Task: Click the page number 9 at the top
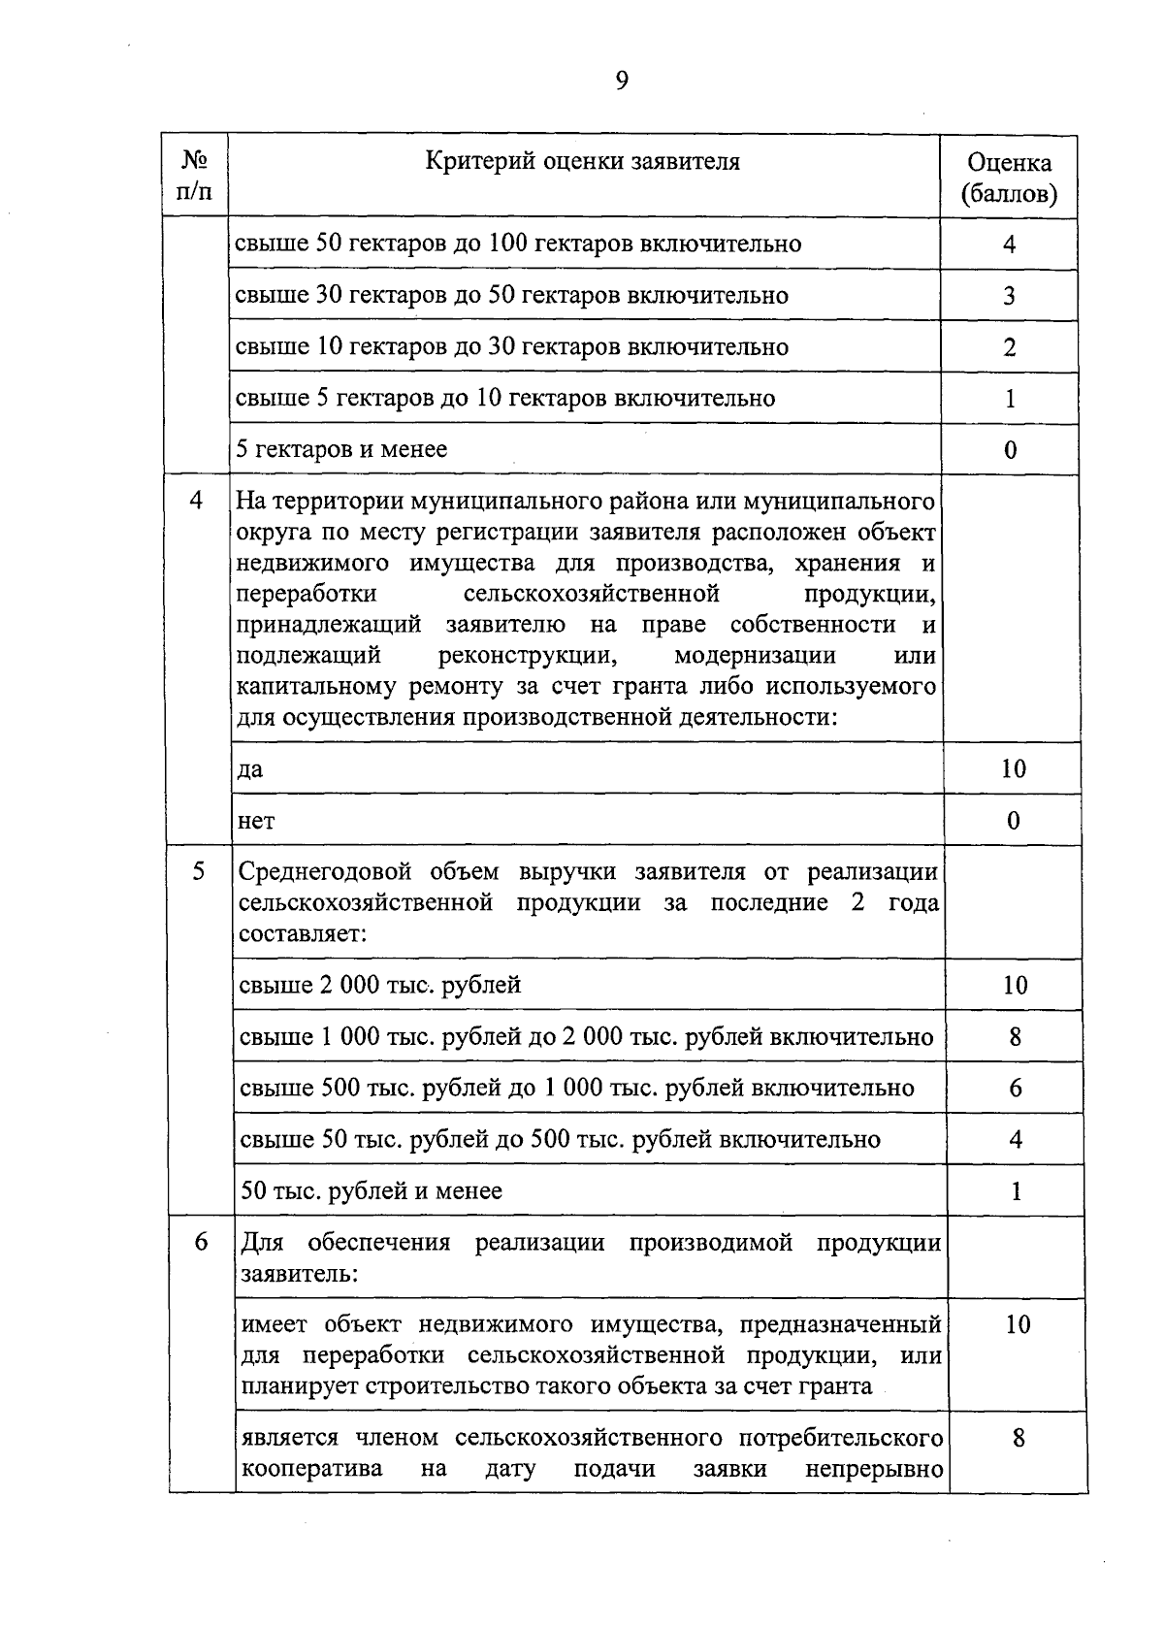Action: [621, 81]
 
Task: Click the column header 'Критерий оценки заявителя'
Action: [583, 161]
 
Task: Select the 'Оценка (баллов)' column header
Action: [1009, 179]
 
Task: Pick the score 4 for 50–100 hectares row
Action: [1009, 244]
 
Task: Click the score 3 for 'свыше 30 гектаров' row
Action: [1009, 295]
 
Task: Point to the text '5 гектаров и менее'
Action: [342, 449]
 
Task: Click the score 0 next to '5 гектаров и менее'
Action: [1010, 450]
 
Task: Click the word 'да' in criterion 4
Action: [250, 770]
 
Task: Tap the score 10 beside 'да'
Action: [1013, 769]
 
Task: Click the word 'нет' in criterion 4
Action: [256, 822]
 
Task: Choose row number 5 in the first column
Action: [198, 871]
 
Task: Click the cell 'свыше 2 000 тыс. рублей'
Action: [380, 985]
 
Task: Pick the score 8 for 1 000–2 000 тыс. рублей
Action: [1015, 1037]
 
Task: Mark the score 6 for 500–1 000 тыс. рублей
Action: [1015, 1089]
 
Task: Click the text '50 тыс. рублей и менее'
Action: [371, 1190]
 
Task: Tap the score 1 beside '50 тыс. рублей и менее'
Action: [1016, 1191]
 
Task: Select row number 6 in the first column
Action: [200, 1242]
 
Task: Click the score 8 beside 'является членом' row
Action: [1018, 1438]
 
